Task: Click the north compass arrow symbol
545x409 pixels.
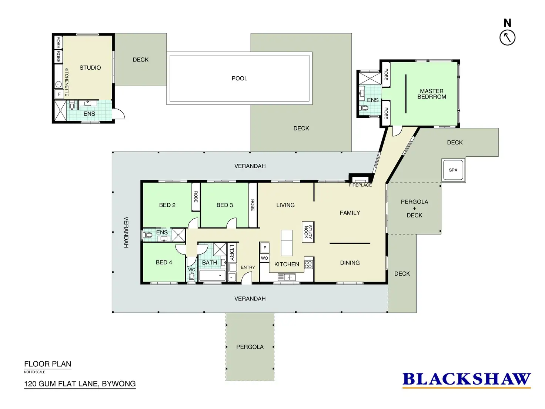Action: (507, 37)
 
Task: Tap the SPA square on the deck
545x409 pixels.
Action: (453, 170)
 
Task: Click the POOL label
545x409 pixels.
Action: (239, 79)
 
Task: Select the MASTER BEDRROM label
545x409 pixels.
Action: (432, 94)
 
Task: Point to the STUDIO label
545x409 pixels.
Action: (90, 68)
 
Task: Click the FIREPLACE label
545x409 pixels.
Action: (360, 185)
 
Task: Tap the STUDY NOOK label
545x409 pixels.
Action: (308, 232)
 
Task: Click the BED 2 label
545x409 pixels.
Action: (167, 205)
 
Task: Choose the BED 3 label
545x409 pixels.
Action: (225, 205)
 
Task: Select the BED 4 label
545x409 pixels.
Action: (164, 262)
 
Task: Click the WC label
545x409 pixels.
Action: (191, 270)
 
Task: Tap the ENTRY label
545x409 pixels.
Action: (248, 267)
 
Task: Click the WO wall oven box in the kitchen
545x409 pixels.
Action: (264, 258)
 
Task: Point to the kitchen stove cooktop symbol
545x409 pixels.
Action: (308, 265)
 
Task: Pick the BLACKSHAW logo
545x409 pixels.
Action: (467, 379)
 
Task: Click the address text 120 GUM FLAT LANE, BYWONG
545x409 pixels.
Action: (80, 384)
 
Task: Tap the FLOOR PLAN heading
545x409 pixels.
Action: (48, 364)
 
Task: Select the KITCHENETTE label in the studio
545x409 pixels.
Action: (67, 82)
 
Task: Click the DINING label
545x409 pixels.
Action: (350, 263)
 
